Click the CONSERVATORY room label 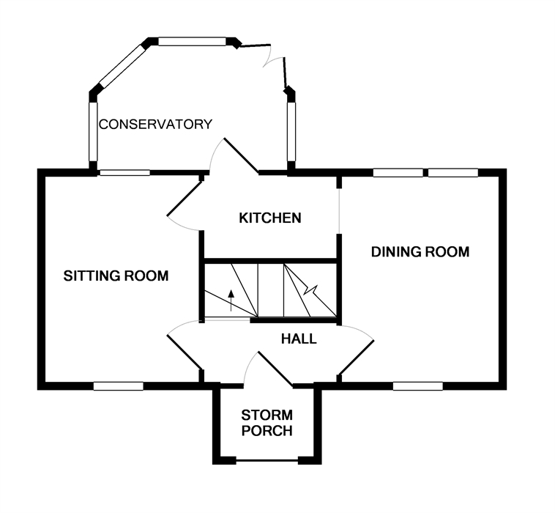pos(155,125)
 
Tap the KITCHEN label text pos(270,218)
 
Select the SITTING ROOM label pos(116,276)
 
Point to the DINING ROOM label pos(420,252)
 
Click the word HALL pos(299,339)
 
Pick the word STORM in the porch pos(267,415)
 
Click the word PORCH pos(267,431)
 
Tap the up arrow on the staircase pos(231,300)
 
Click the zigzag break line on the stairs pos(310,291)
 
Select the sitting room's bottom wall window pos(118,385)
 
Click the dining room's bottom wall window pos(417,385)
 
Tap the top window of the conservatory pos(192,42)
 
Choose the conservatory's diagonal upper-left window pos(122,66)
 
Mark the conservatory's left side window pos(93,131)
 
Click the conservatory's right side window pos(291,131)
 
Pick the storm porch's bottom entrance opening pos(267,460)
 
